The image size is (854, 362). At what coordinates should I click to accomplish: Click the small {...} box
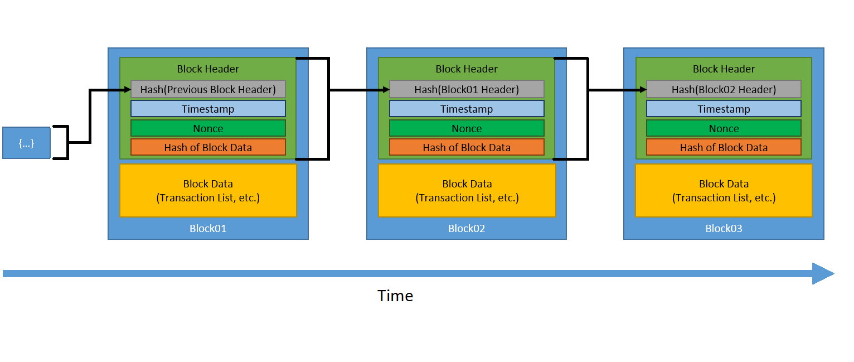click(x=26, y=143)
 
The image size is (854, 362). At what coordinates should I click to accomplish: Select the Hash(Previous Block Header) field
click(x=208, y=89)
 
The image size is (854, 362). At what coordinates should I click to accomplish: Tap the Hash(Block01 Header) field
click(x=467, y=89)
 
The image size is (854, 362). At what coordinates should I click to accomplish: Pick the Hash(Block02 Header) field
click(x=724, y=89)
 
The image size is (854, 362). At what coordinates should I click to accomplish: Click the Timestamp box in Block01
click(x=208, y=109)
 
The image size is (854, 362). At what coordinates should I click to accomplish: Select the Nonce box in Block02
click(x=467, y=128)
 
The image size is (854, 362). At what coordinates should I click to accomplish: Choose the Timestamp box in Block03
click(x=724, y=109)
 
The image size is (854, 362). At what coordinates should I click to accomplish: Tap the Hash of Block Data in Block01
click(x=208, y=148)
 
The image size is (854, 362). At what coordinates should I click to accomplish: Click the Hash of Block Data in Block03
click(x=724, y=148)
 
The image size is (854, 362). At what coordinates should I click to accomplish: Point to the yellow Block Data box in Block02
click(x=467, y=190)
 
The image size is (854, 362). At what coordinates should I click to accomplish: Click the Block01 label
click(x=208, y=229)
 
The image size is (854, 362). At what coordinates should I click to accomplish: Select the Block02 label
click(x=467, y=229)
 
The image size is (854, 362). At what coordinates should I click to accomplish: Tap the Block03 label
click(x=724, y=229)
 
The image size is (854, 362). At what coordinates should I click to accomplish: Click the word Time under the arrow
click(x=395, y=296)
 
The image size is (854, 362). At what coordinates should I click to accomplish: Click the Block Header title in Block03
click(x=724, y=69)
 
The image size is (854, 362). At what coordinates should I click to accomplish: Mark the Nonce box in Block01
click(x=208, y=128)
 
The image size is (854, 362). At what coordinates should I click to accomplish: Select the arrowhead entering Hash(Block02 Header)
click(x=642, y=89)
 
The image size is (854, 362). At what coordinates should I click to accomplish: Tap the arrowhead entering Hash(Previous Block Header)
click(x=127, y=89)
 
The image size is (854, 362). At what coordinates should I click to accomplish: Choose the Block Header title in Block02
click(x=467, y=69)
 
